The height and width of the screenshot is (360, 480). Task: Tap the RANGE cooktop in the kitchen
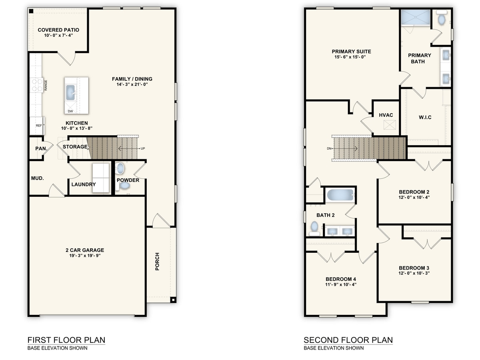pos(37,85)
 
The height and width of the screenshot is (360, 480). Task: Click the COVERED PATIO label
pos(58,30)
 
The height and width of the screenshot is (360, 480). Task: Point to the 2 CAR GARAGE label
pos(85,250)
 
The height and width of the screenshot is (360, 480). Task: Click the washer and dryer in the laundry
pos(101,178)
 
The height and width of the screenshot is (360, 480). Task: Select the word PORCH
pos(157,261)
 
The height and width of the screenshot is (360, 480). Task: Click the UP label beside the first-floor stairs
pos(142,148)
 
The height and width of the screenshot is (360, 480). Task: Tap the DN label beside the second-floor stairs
pos(329,148)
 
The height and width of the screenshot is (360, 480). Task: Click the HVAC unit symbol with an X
pos(389,125)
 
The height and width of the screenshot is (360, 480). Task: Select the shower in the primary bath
pos(416,18)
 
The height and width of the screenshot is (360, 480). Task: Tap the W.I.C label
pos(425,117)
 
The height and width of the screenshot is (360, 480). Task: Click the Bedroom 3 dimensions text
pos(414,274)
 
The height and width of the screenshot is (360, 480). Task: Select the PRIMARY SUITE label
pos(351,52)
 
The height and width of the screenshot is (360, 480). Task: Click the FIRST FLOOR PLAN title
pos(66,340)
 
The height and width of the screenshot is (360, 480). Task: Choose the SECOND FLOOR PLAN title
pos(348,340)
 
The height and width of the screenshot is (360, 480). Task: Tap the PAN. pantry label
pos(40,148)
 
